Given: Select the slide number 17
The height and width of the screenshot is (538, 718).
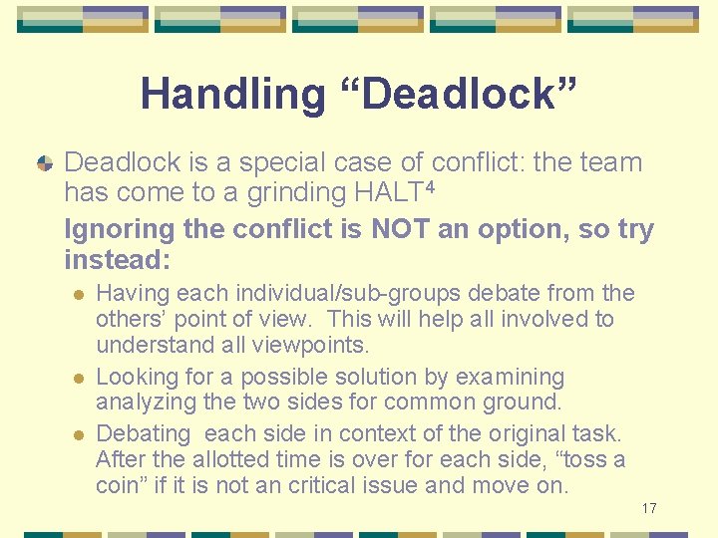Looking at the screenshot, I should point(649,508).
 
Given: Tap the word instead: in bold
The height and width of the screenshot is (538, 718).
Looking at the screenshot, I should point(117,260).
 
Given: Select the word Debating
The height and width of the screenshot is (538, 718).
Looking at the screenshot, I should point(143,433).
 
